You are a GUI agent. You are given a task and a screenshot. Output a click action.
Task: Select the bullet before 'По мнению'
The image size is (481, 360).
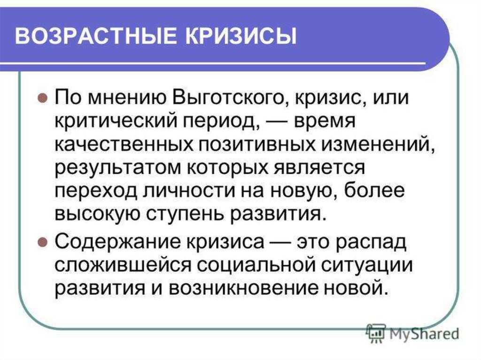click(x=43, y=99)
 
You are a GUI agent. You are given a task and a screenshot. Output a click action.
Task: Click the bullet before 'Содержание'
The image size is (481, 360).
click(x=43, y=243)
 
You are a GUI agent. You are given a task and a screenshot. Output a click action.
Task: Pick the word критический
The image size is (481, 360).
click(x=116, y=122)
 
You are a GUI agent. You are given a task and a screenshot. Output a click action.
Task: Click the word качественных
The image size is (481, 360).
click(x=124, y=145)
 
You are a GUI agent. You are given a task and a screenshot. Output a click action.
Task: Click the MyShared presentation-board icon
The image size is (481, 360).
click(x=377, y=333)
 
